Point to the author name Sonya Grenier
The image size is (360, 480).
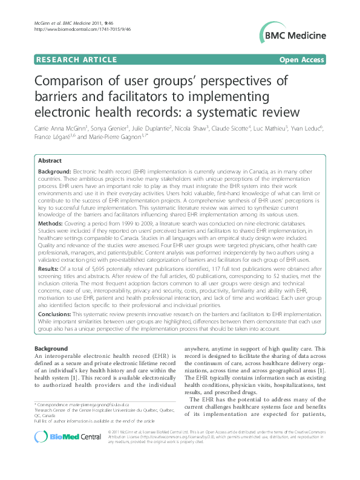click(x=107, y=129)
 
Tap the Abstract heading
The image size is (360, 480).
click(x=50, y=161)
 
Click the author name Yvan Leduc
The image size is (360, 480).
click(x=307, y=129)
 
